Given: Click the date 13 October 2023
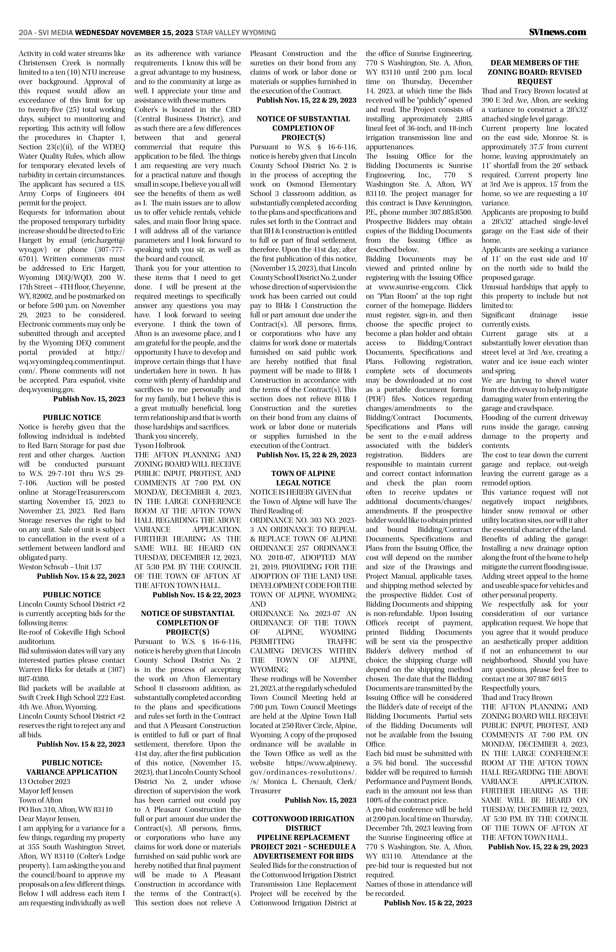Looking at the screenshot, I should [44, 782].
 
